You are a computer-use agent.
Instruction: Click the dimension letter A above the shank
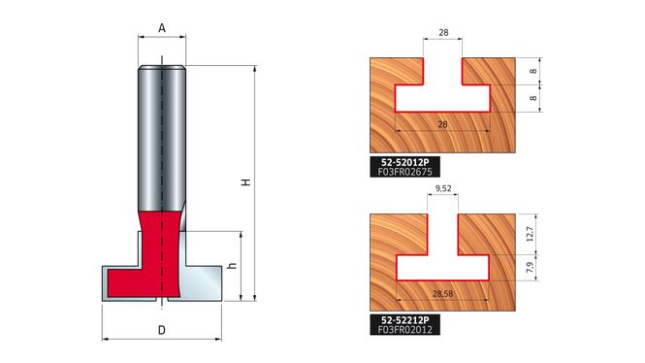coord(162,28)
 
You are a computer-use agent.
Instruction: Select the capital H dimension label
coord(246,181)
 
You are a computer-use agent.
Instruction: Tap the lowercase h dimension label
coord(233,266)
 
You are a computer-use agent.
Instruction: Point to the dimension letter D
coord(162,330)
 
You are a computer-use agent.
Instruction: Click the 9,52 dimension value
coord(443,188)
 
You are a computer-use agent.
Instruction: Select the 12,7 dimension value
coord(530,234)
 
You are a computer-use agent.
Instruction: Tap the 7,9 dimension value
coord(530,268)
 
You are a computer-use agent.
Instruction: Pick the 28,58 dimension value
coord(442,293)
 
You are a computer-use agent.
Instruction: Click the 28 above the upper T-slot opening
coord(443,32)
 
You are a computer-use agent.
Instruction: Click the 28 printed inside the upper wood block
coord(442,124)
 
